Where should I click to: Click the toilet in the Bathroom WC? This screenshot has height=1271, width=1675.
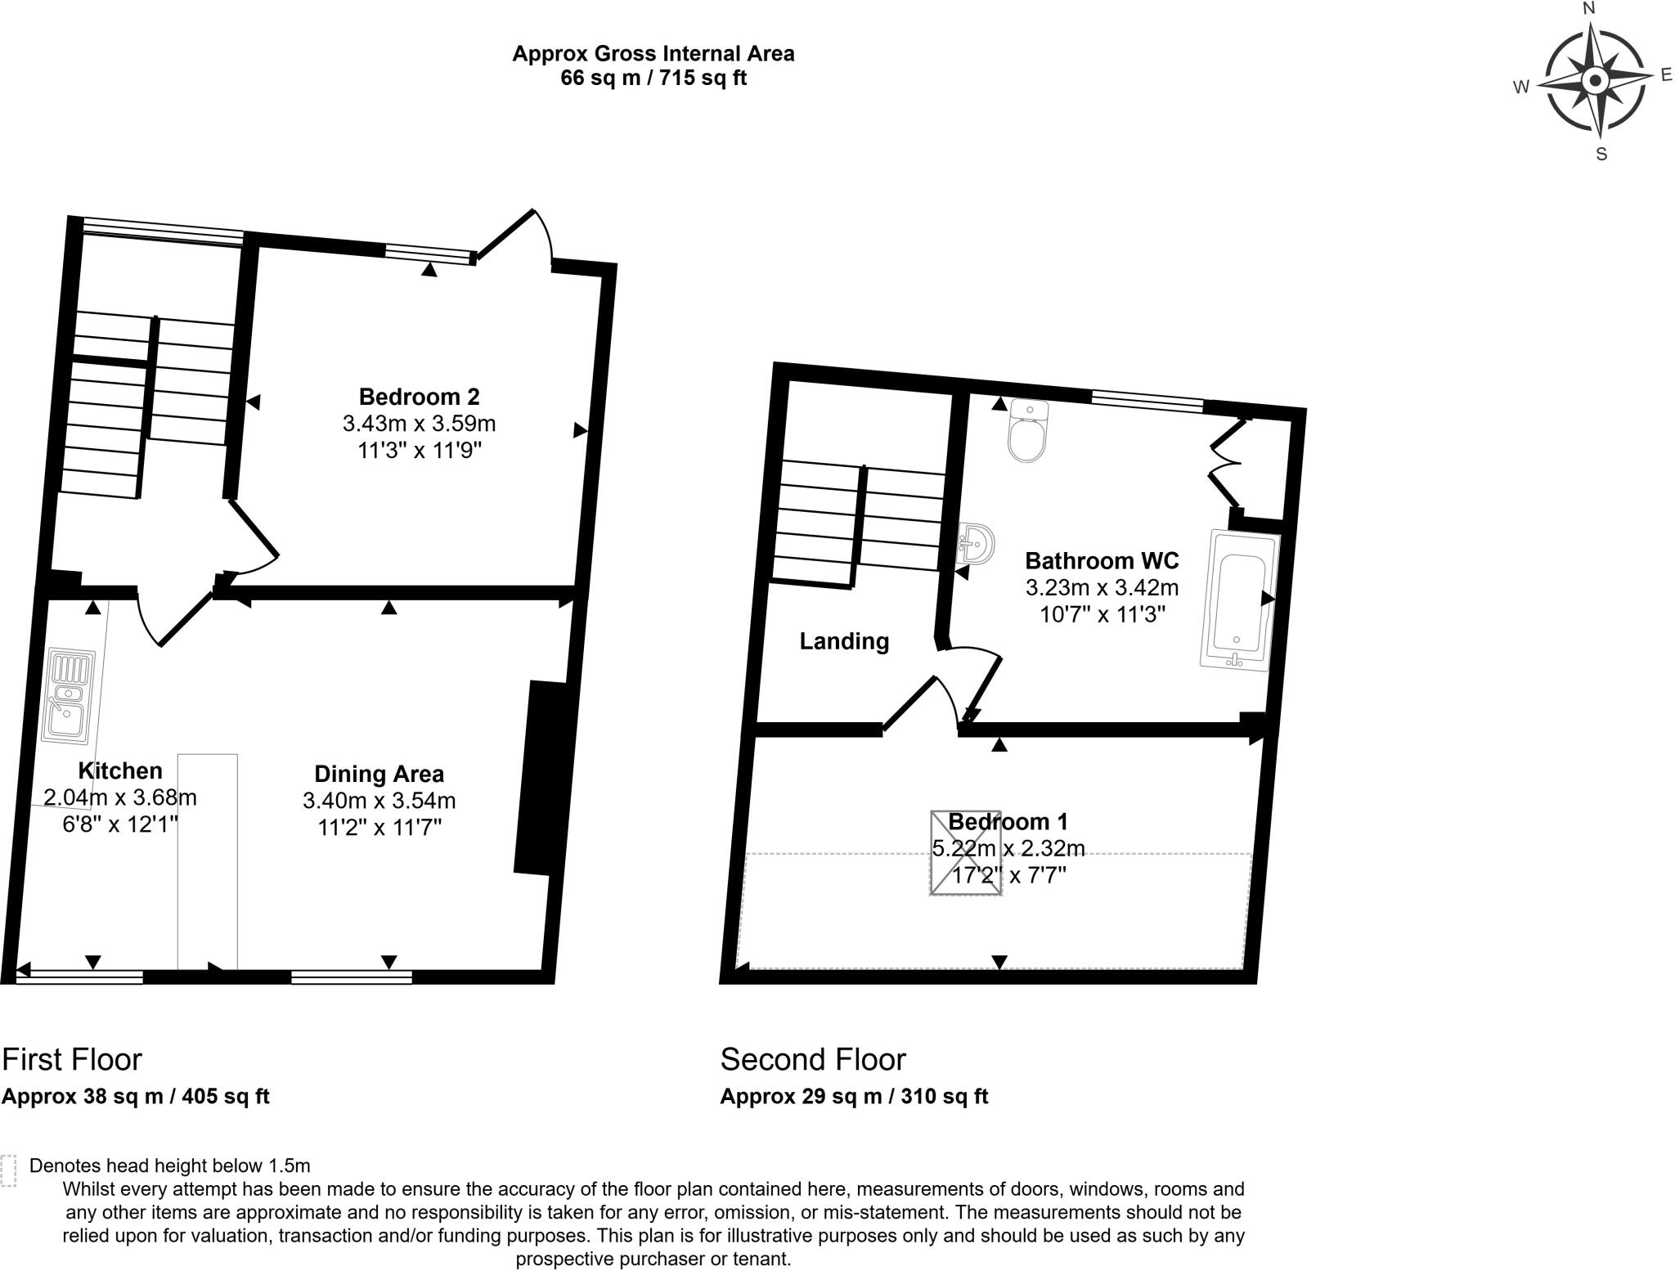pyautogui.click(x=1028, y=432)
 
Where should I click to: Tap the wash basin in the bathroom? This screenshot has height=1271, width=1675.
pyautogui.click(x=977, y=543)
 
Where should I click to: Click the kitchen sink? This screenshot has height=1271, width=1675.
pyautogui.click(x=69, y=696)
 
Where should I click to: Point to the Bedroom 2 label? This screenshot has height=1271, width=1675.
pyautogui.click(x=419, y=397)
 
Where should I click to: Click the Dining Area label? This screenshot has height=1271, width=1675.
pyautogui.click(x=379, y=774)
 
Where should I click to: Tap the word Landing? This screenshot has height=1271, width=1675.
pyautogui.click(x=844, y=641)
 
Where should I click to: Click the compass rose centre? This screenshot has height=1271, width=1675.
pyautogui.click(x=1595, y=81)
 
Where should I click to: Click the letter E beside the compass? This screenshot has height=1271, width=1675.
pyautogui.click(x=1666, y=75)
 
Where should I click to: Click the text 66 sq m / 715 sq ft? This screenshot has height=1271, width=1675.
pyautogui.click(x=653, y=79)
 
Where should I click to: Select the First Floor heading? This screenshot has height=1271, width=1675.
pyautogui.click(x=72, y=1059)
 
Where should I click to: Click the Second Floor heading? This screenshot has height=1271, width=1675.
pyautogui.click(x=813, y=1059)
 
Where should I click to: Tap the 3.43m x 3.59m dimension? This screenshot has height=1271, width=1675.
pyautogui.click(x=419, y=424)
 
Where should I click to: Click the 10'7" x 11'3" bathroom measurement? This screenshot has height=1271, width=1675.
pyautogui.click(x=1102, y=614)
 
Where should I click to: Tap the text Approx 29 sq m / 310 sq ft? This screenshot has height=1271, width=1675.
pyautogui.click(x=854, y=1097)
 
